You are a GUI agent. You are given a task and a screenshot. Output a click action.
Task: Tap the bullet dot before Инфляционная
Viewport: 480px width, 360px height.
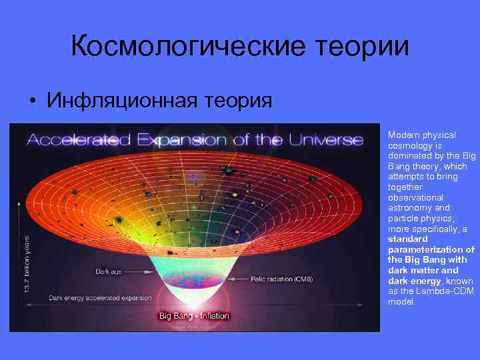[x=31, y=101]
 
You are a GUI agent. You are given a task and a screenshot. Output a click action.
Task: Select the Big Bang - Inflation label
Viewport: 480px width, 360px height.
[x=193, y=315]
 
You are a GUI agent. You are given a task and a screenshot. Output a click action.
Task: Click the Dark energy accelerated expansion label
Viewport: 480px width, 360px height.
[x=91, y=297]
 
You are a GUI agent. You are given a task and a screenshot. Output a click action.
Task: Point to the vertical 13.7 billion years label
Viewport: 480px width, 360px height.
[x=27, y=263]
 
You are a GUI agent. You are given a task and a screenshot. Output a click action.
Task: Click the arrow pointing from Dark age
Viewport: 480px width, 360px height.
[x=139, y=272]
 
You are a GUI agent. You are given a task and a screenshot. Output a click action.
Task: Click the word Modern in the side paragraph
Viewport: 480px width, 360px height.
[x=401, y=134]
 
